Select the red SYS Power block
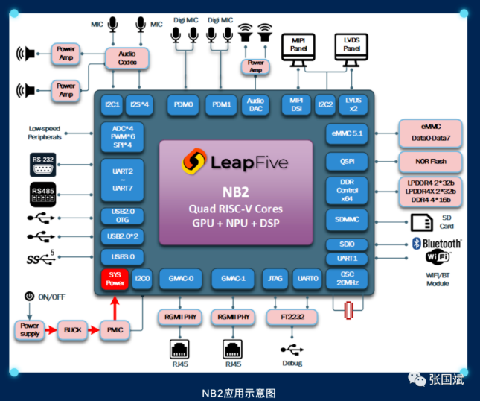115,280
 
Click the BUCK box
72,329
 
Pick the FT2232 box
291,317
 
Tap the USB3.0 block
121,256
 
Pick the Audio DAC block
255,104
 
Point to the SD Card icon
420,221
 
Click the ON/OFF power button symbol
29,297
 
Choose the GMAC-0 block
180,278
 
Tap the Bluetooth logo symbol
417,244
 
